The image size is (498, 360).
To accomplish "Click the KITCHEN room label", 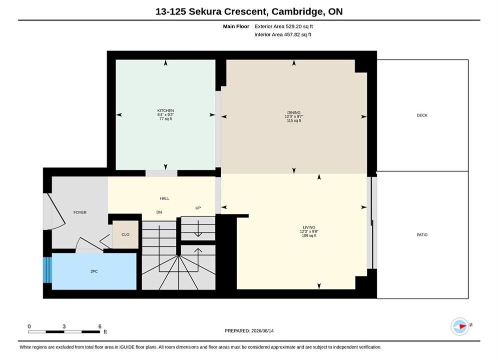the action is [166, 110].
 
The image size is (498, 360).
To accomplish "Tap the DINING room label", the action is [294, 112].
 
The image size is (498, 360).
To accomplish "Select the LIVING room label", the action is [309, 227].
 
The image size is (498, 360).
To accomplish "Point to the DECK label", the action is [422, 115].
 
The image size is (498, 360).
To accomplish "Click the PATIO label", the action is [422, 234].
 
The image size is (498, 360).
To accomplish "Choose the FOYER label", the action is [80, 212].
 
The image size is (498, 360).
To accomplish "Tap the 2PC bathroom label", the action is [94, 271].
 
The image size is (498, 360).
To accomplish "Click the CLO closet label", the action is [126, 234].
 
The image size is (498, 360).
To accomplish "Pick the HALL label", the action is [165, 198].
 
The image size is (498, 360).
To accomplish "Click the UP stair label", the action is [198, 208].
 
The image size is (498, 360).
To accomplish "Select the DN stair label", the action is [159, 212].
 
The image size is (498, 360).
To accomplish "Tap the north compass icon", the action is [460, 326].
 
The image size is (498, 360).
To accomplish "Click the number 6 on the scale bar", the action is [100, 326].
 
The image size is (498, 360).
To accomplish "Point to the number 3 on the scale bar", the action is [64, 326].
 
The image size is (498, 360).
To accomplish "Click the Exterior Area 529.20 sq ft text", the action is [284, 26].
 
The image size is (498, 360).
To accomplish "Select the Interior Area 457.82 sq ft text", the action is [283, 34].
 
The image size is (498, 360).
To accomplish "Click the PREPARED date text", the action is [249, 331].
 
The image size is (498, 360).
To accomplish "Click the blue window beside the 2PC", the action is [48, 269].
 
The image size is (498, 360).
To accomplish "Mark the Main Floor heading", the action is [236, 26].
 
